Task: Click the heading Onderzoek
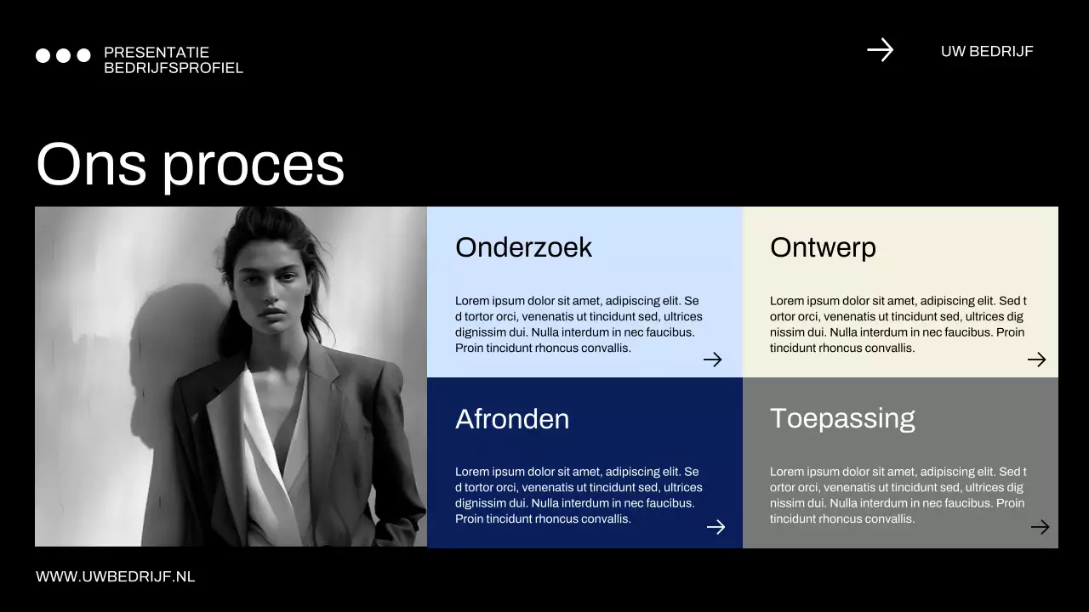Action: [523, 247]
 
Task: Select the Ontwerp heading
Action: [823, 247]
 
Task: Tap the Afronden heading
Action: [512, 419]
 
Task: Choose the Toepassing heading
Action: [842, 418]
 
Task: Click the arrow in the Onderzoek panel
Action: [712, 360]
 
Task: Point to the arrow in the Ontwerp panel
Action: [1036, 360]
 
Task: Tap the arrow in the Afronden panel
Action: [716, 527]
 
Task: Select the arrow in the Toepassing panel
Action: [1040, 527]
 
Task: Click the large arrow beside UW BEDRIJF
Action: [880, 50]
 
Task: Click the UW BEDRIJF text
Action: [987, 51]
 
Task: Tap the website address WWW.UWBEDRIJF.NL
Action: [116, 576]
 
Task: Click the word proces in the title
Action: [253, 165]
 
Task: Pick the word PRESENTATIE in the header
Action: [157, 53]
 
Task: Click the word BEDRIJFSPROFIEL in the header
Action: [174, 68]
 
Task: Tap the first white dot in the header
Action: [43, 55]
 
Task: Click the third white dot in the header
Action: [83, 55]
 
